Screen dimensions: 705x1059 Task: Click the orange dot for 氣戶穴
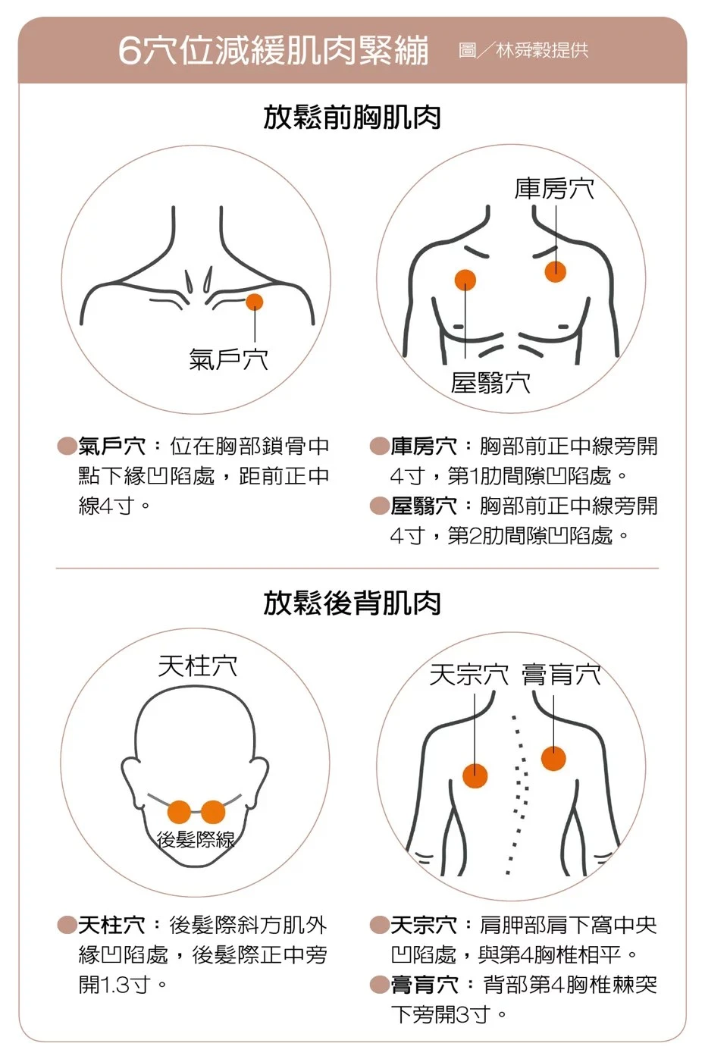coord(255,302)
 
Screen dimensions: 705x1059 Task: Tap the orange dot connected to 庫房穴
coord(555,272)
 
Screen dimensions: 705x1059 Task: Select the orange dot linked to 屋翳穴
coord(465,280)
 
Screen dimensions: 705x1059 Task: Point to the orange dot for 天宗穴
coord(475,775)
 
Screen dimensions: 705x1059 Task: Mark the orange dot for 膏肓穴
coord(553,758)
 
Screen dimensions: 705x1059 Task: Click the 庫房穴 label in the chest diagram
coord(554,188)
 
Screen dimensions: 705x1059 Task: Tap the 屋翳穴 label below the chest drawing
coord(490,383)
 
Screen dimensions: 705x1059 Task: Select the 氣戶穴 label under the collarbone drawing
coord(228,359)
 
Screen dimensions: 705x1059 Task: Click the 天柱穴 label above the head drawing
coord(198,666)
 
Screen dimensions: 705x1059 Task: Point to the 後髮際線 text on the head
coord(196,839)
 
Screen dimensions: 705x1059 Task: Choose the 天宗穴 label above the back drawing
coord(469,674)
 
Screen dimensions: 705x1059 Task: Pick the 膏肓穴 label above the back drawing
coord(561,674)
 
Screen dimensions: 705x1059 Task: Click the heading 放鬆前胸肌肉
coord(352,117)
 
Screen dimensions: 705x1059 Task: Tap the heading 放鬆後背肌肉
coord(352,603)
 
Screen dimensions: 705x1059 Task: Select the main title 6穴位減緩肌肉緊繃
coord(274,50)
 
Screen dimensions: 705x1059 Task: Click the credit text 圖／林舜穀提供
coord(523,49)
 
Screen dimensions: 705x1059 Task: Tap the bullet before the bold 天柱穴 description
coord(67,926)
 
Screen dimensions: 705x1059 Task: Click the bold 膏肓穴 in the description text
coord(424,985)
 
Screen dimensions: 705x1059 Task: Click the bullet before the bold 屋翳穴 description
coord(380,506)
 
